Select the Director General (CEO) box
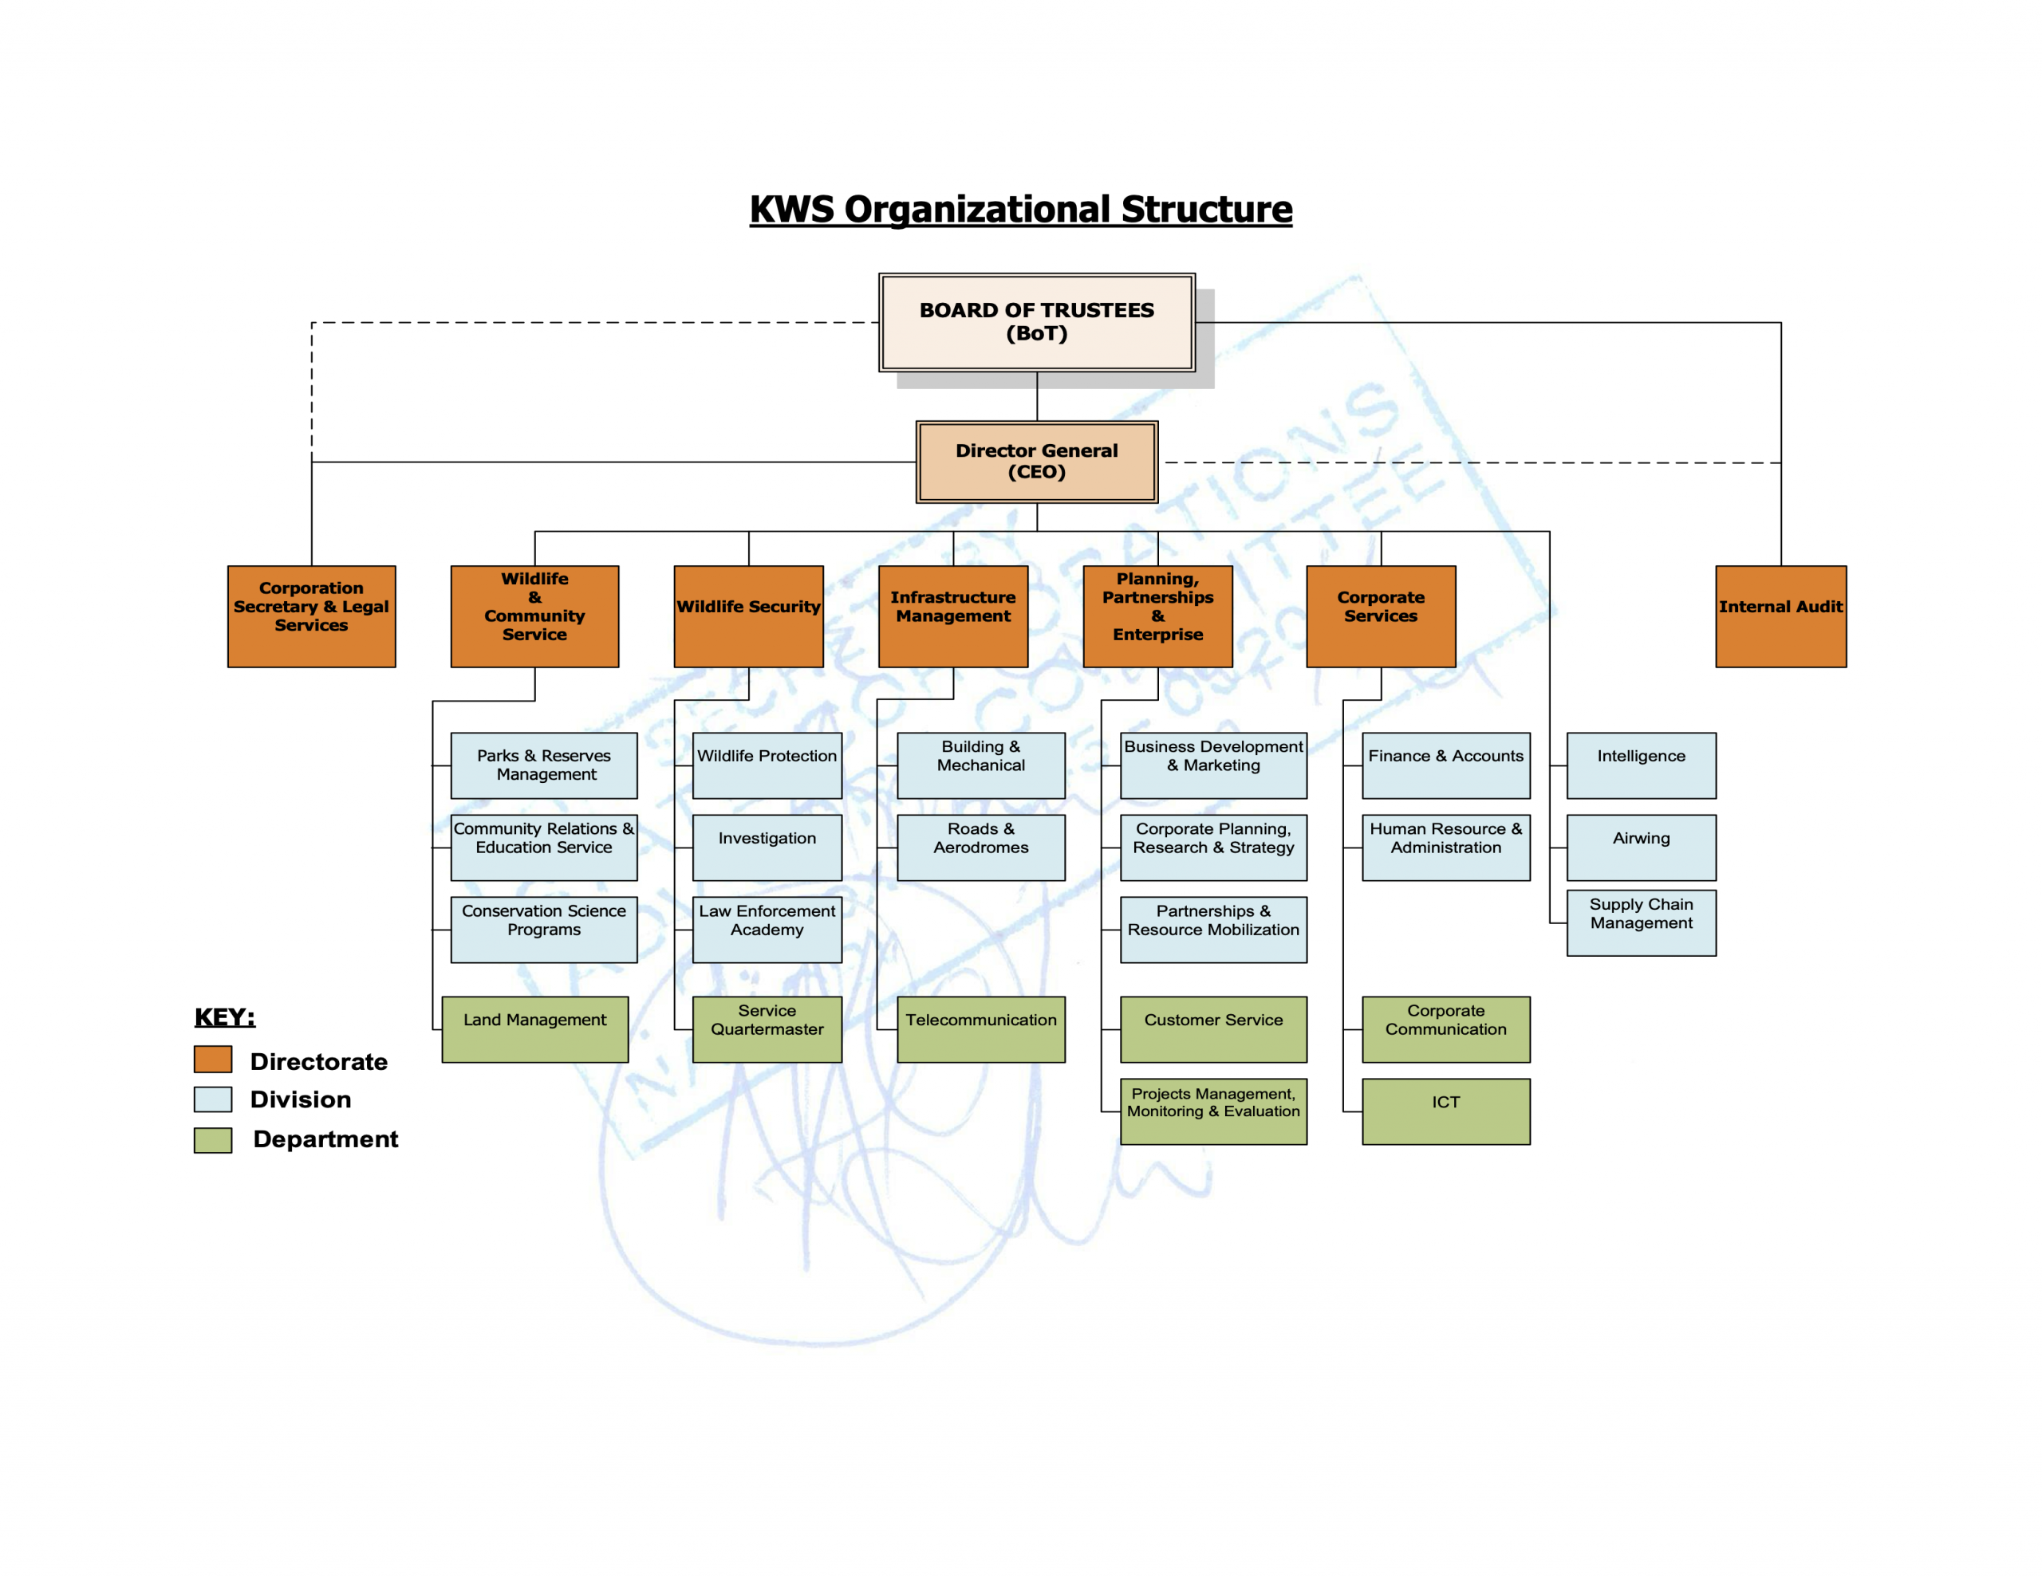tap(1036, 462)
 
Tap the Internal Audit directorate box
tap(1780, 616)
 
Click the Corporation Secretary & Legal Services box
tap(311, 616)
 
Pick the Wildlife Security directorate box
tap(748, 616)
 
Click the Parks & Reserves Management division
tap(543, 765)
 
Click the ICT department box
tap(1445, 1111)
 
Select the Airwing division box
tap(1641, 847)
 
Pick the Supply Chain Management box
tap(1641, 922)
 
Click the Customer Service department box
tap(1212, 1028)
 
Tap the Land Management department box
tap(534, 1028)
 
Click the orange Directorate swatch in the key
tap(213, 1059)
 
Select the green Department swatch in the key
tap(213, 1139)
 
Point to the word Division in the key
tap(300, 1099)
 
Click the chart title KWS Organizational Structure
tap(1021, 210)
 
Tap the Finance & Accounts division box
tap(1445, 765)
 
